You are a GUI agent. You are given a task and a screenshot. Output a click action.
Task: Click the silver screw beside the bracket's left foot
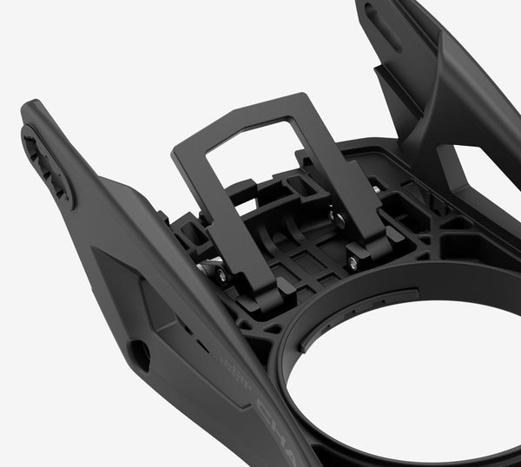[221, 274]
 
